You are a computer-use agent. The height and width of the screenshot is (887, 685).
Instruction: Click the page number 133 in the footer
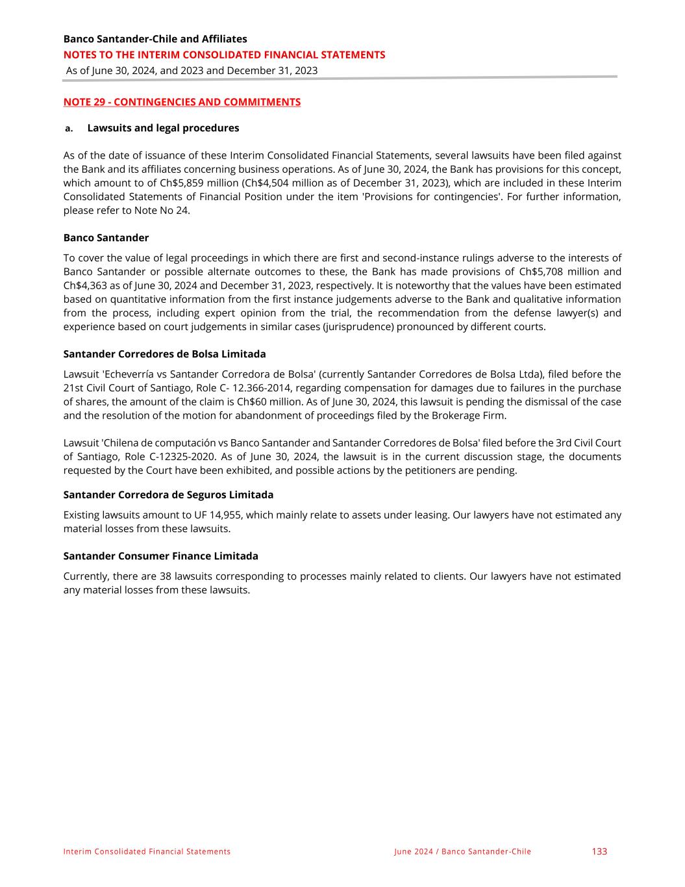[x=599, y=851]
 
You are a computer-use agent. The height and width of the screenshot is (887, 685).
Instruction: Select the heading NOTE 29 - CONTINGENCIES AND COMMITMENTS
[x=182, y=102]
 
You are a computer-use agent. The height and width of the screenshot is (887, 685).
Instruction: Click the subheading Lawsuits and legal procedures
[x=163, y=128]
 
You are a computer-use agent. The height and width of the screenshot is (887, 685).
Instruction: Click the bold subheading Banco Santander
[x=106, y=238]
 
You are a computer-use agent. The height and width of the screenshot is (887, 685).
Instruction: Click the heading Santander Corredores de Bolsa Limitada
[x=164, y=354]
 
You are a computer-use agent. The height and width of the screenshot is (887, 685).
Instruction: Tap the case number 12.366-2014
[x=259, y=388]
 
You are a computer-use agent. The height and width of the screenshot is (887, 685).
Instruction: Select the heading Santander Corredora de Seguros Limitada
[x=168, y=495]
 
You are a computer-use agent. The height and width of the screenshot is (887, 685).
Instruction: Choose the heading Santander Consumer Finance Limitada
[x=160, y=556]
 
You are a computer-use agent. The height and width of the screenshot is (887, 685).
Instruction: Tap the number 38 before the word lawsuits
[x=165, y=576]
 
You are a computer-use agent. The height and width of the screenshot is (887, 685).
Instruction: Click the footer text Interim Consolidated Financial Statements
[x=147, y=852]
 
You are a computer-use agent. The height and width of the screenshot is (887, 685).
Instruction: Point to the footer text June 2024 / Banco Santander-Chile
[x=462, y=852]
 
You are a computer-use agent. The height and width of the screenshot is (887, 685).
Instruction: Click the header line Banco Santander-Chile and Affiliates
[x=155, y=39]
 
